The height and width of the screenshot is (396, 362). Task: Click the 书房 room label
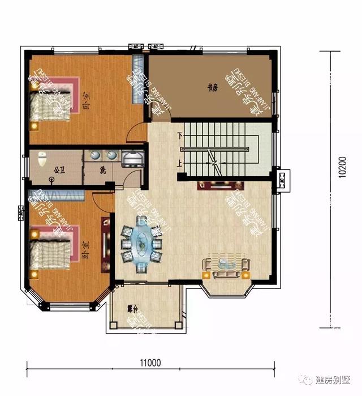tap(212, 87)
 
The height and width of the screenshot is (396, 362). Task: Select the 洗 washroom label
tap(102, 169)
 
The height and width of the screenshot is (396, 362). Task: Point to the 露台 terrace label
tap(133, 309)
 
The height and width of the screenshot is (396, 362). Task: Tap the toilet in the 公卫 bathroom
tap(41, 160)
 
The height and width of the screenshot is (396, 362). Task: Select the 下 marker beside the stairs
tap(180, 137)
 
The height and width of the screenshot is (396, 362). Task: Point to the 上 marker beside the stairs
tap(180, 164)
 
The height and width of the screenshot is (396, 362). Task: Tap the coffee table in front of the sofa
tap(226, 262)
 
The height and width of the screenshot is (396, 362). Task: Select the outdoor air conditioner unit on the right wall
tap(283, 181)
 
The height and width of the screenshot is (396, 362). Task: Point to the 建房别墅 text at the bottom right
tap(334, 379)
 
